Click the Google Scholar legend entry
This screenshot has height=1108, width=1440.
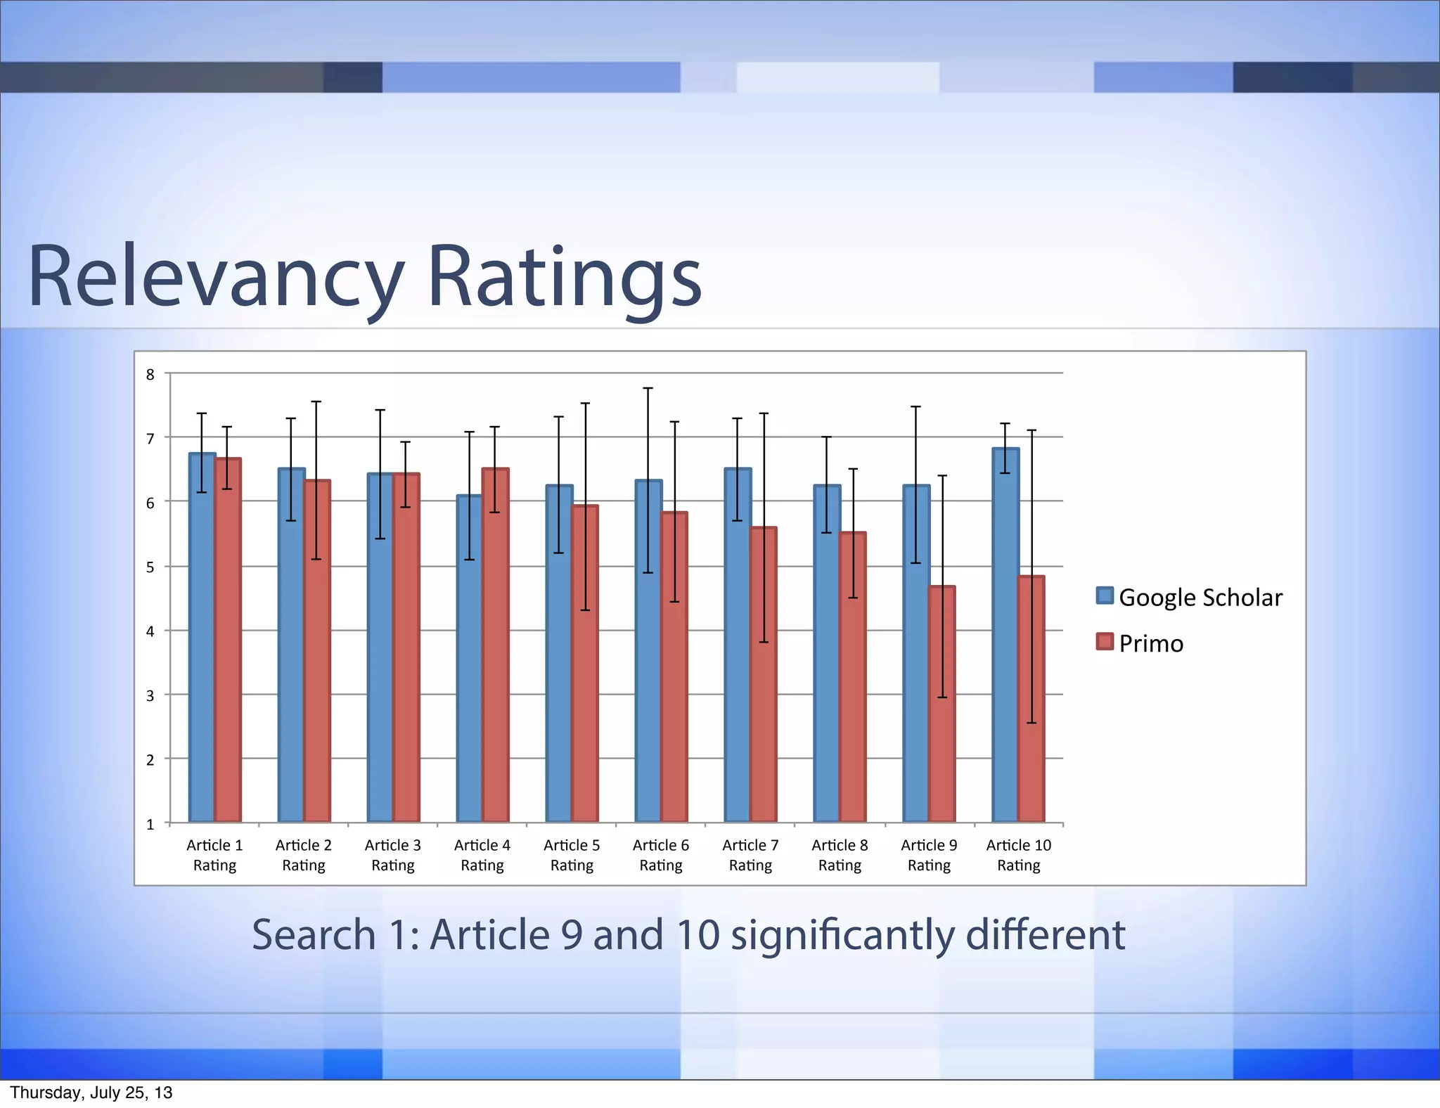point(1190,597)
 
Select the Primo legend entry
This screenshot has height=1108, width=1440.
point(1140,643)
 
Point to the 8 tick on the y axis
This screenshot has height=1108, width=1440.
point(150,375)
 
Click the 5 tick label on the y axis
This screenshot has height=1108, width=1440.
point(150,567)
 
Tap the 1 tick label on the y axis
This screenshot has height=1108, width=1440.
point(150,825)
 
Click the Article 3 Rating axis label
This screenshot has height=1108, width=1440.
point(392,855)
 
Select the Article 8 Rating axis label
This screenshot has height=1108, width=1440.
point(840,855)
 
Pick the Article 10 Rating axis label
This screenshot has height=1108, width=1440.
point(1018,855)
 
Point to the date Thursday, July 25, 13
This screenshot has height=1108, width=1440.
point(91,1093)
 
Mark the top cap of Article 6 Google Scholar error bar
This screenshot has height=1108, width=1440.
point(648,388)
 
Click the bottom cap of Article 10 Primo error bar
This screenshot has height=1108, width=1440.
point(1031,723)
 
